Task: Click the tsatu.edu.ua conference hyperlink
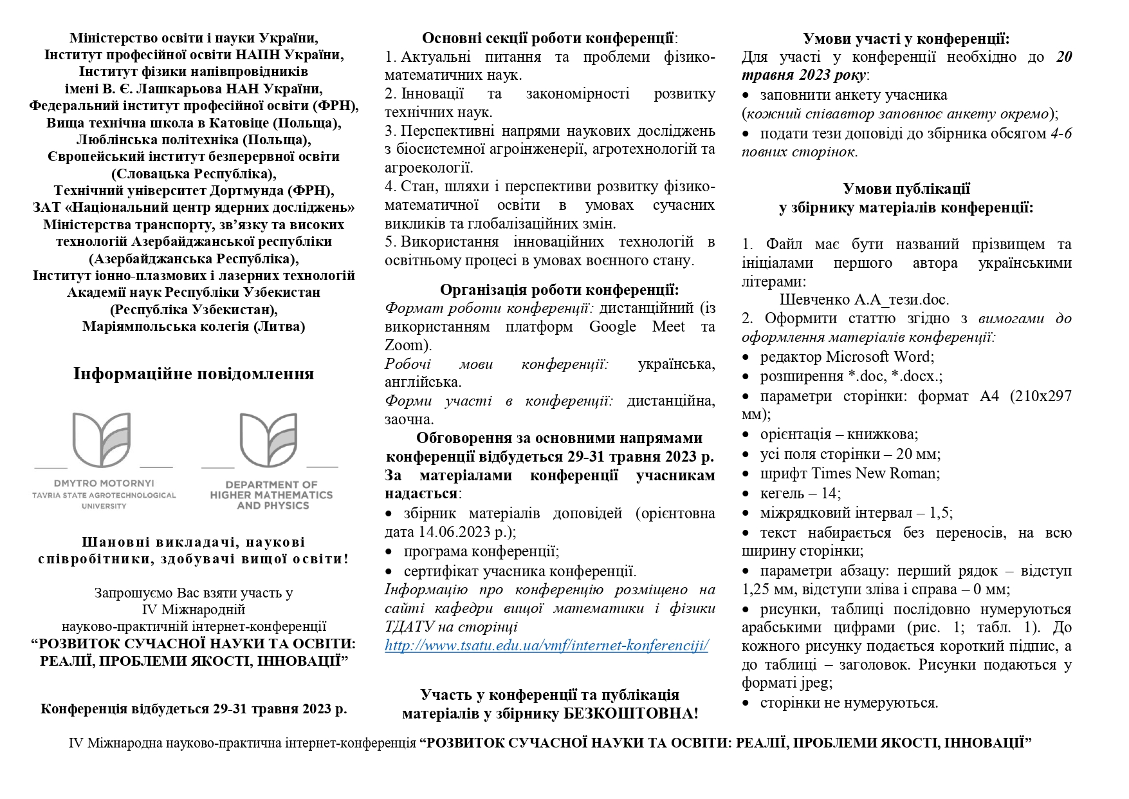click(546, 645)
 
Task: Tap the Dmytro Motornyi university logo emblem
click(103, 440)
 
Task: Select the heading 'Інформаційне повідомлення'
click(194, 373)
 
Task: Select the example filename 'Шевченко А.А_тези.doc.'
click(864, 299)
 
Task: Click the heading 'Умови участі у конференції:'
click(906, 38)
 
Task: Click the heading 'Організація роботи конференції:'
click(559, 289)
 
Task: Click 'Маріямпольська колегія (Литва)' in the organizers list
click(194, 326)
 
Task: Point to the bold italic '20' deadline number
click(1064, 57)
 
